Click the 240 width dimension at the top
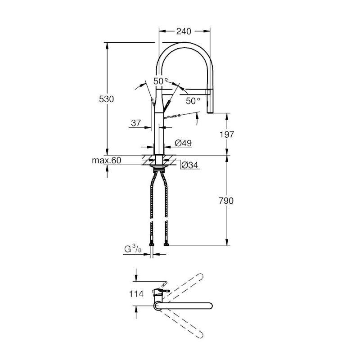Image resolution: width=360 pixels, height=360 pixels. click(x=184, y=31)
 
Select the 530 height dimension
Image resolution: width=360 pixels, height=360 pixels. click(x=106, y=99)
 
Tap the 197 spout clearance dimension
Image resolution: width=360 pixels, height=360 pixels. click(x=227, y=134)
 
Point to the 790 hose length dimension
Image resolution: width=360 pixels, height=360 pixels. click(x=226, y=201)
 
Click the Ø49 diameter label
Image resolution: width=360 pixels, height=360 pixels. click(x=183, y=143)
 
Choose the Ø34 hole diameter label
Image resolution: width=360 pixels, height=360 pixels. click(x=190, y=165)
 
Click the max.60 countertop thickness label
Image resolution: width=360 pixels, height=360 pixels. click(x=106, y=160)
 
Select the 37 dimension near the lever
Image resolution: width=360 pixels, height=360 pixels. click(x=136, y=123)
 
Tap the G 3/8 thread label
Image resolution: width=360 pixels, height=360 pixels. click(x=133, y=249)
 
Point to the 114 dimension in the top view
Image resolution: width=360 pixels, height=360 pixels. click(x=136, y=294)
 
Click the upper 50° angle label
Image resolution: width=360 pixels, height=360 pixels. click(x=161, y=81)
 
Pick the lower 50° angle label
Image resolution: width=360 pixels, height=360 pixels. click(x=193, y=101)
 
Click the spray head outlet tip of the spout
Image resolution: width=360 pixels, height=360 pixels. click(x=210, y=112)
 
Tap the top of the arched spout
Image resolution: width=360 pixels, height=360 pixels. click(x=185, y=45)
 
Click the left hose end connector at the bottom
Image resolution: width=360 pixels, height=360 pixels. click(x=152, y=244)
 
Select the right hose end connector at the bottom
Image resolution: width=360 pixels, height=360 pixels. click(x=166, y=244)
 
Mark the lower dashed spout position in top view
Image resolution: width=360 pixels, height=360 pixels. click(x=181, y=324)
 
